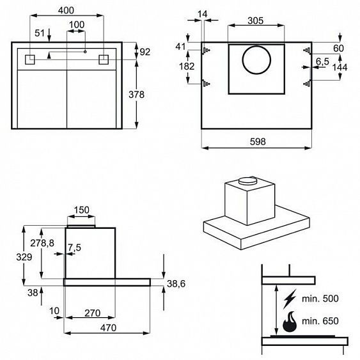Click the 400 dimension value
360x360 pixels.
[x=66, y=10]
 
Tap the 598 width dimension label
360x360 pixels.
[x=258, y=141]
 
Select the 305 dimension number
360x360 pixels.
[x=256, y=20]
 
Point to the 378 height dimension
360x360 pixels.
[x=136, y=95]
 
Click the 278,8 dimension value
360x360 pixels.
[x=42, y=243]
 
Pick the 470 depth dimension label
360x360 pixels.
[x=108, y=327]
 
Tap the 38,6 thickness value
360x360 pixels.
[x=176, y=284]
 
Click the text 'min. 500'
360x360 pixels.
[x=320, y=299]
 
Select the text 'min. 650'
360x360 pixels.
[x=320, y=321]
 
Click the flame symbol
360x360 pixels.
[x=290, y=322]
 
